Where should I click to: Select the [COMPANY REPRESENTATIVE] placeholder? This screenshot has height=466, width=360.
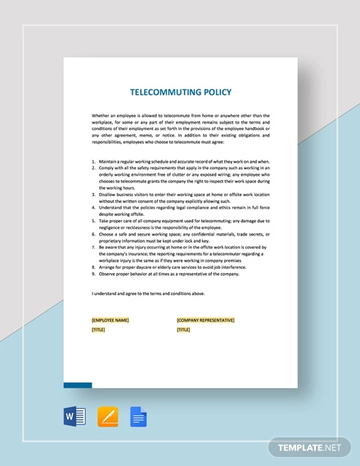(206, 320)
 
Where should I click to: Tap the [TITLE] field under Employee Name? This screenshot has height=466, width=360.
(99, 329)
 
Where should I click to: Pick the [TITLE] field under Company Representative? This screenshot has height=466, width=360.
(183, 329)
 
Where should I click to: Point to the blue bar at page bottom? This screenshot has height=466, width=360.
(78, 383)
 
